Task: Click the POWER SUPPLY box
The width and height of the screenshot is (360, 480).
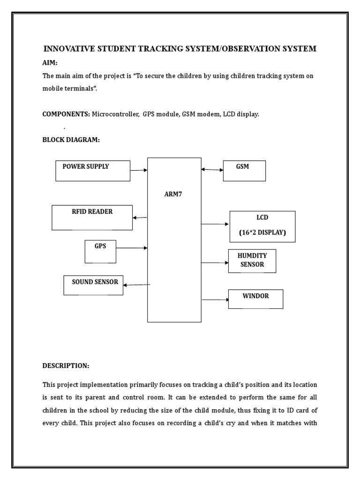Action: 93,171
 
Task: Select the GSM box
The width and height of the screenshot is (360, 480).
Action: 244,171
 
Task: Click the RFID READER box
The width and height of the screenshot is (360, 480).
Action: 92,217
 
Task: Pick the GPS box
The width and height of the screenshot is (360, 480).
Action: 100,252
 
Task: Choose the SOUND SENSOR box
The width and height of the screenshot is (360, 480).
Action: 93,285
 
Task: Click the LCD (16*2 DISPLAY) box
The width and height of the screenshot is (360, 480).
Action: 262,226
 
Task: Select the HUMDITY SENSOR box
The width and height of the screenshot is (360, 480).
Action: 252,261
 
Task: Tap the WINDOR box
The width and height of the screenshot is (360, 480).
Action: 255,299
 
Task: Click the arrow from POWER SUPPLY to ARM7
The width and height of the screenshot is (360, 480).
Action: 139,171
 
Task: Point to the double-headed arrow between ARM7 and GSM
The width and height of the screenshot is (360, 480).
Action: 212,170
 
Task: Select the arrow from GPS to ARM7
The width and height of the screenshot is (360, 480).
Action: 131,248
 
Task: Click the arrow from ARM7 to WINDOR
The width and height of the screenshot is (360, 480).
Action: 215,300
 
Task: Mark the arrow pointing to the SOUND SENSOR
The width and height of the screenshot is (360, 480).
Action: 136,285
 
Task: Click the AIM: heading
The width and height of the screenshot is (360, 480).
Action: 50,63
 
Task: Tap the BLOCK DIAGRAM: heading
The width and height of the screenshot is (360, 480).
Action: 71,140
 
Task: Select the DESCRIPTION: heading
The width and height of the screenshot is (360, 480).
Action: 66,365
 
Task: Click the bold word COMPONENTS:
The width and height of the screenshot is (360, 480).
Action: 66,114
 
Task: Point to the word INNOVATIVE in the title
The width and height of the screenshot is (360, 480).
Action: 68,49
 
